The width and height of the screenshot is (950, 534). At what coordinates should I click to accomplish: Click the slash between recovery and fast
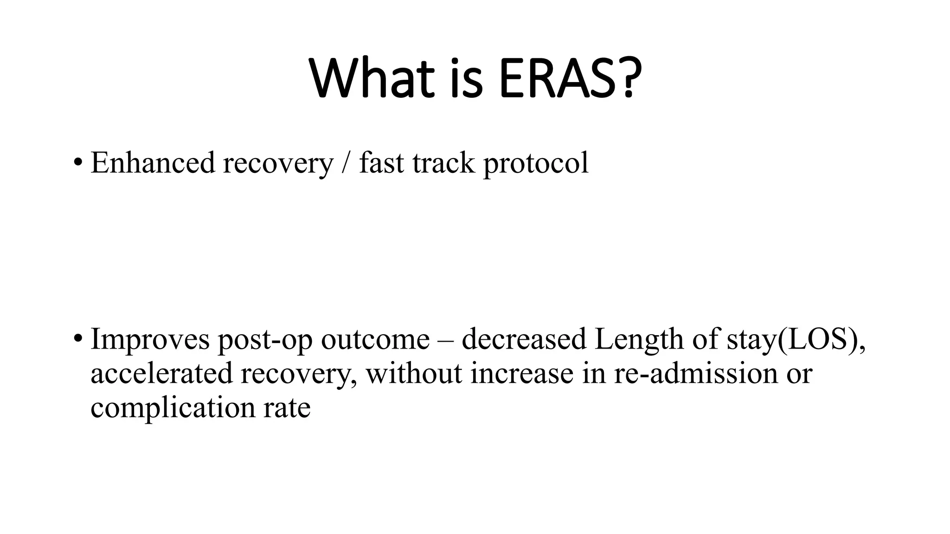(x=346, y=163)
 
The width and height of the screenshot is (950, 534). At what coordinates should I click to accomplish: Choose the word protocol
(x=536, y=164)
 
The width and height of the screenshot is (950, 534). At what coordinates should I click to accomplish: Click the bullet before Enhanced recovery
(x=77, y=163)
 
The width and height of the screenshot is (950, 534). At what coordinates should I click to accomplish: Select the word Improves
(x=150, y=339)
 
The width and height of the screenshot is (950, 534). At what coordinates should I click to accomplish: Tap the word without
(x=414, y=373)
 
